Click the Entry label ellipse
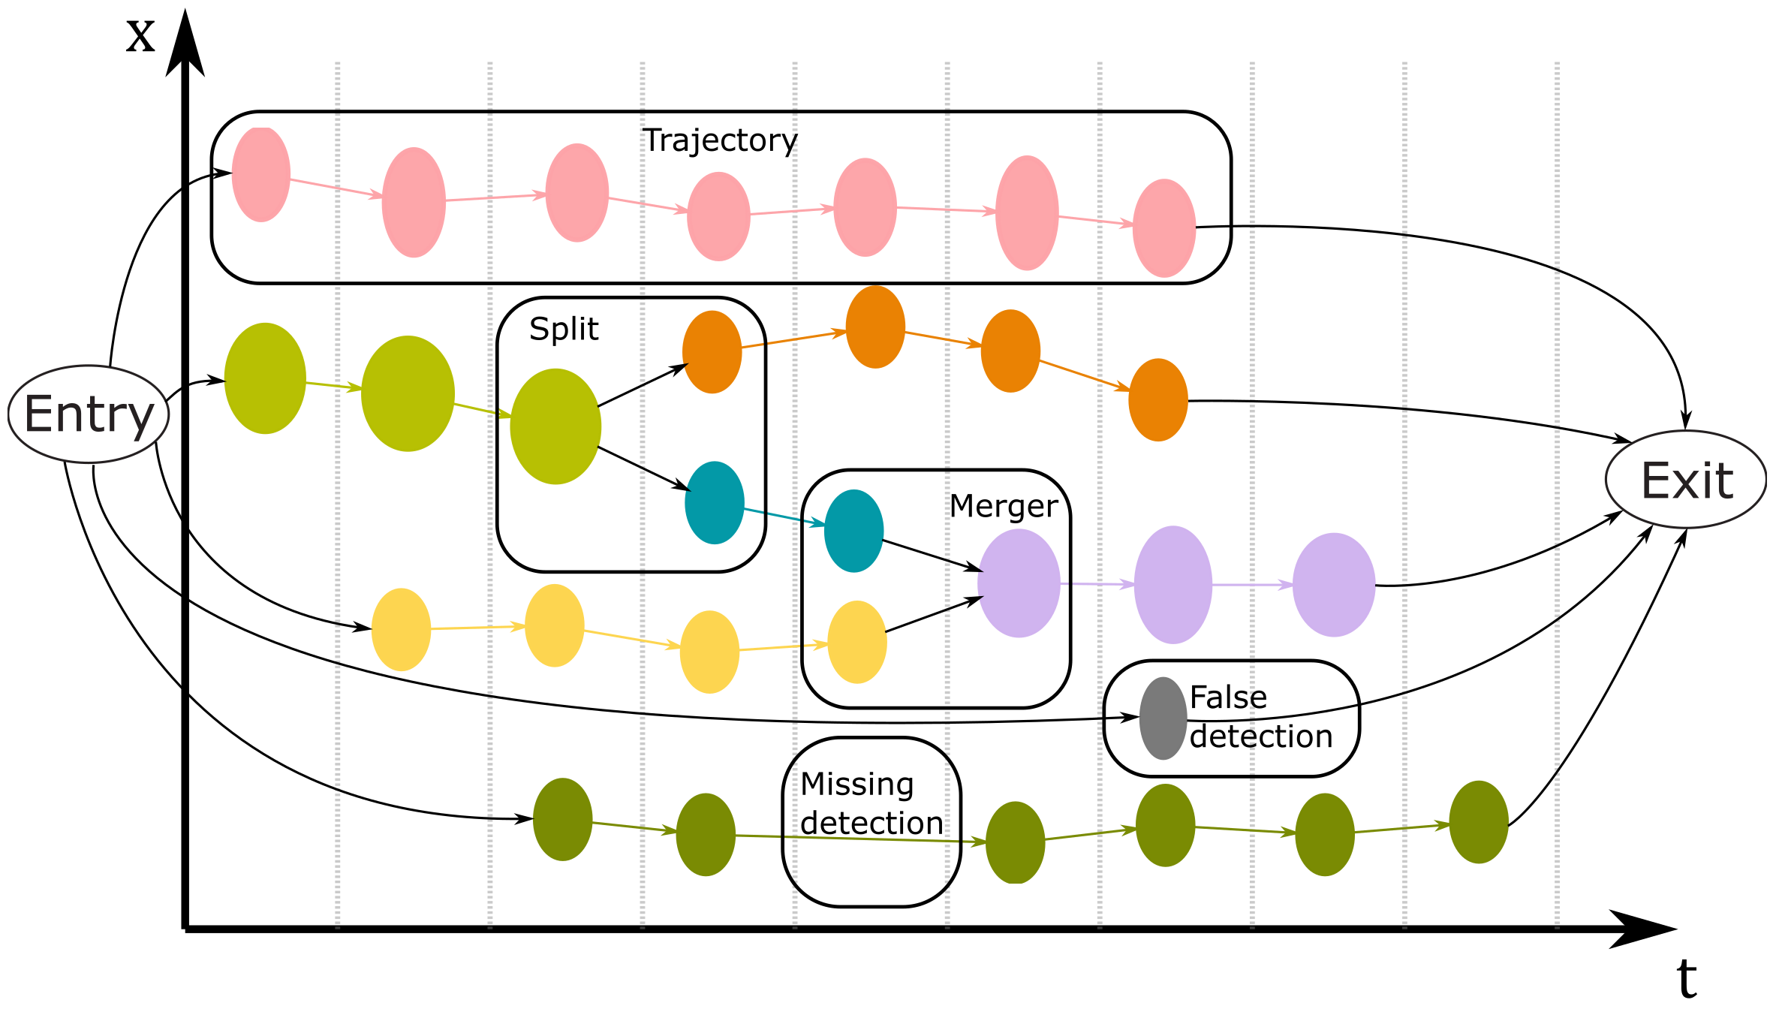(89, 414)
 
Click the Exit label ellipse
(1686, 480)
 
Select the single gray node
(1163, 718)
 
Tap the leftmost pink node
(261, 174)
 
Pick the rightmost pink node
(1164, 228)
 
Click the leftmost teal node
(715, 503)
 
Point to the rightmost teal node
(853, 531)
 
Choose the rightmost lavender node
(1334, 585)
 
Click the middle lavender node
(1173, 585)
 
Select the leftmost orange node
(712, 352)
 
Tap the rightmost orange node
(1158, 400)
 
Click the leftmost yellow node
(401, 630)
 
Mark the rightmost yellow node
(856, 642)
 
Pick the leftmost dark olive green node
(563, 819)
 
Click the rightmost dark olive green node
(1479, 822)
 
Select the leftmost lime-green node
(265, 378)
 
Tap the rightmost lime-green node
(555, 426)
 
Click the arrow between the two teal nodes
(784, 517)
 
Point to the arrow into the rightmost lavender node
(1252, 585)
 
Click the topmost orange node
(875, 327)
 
